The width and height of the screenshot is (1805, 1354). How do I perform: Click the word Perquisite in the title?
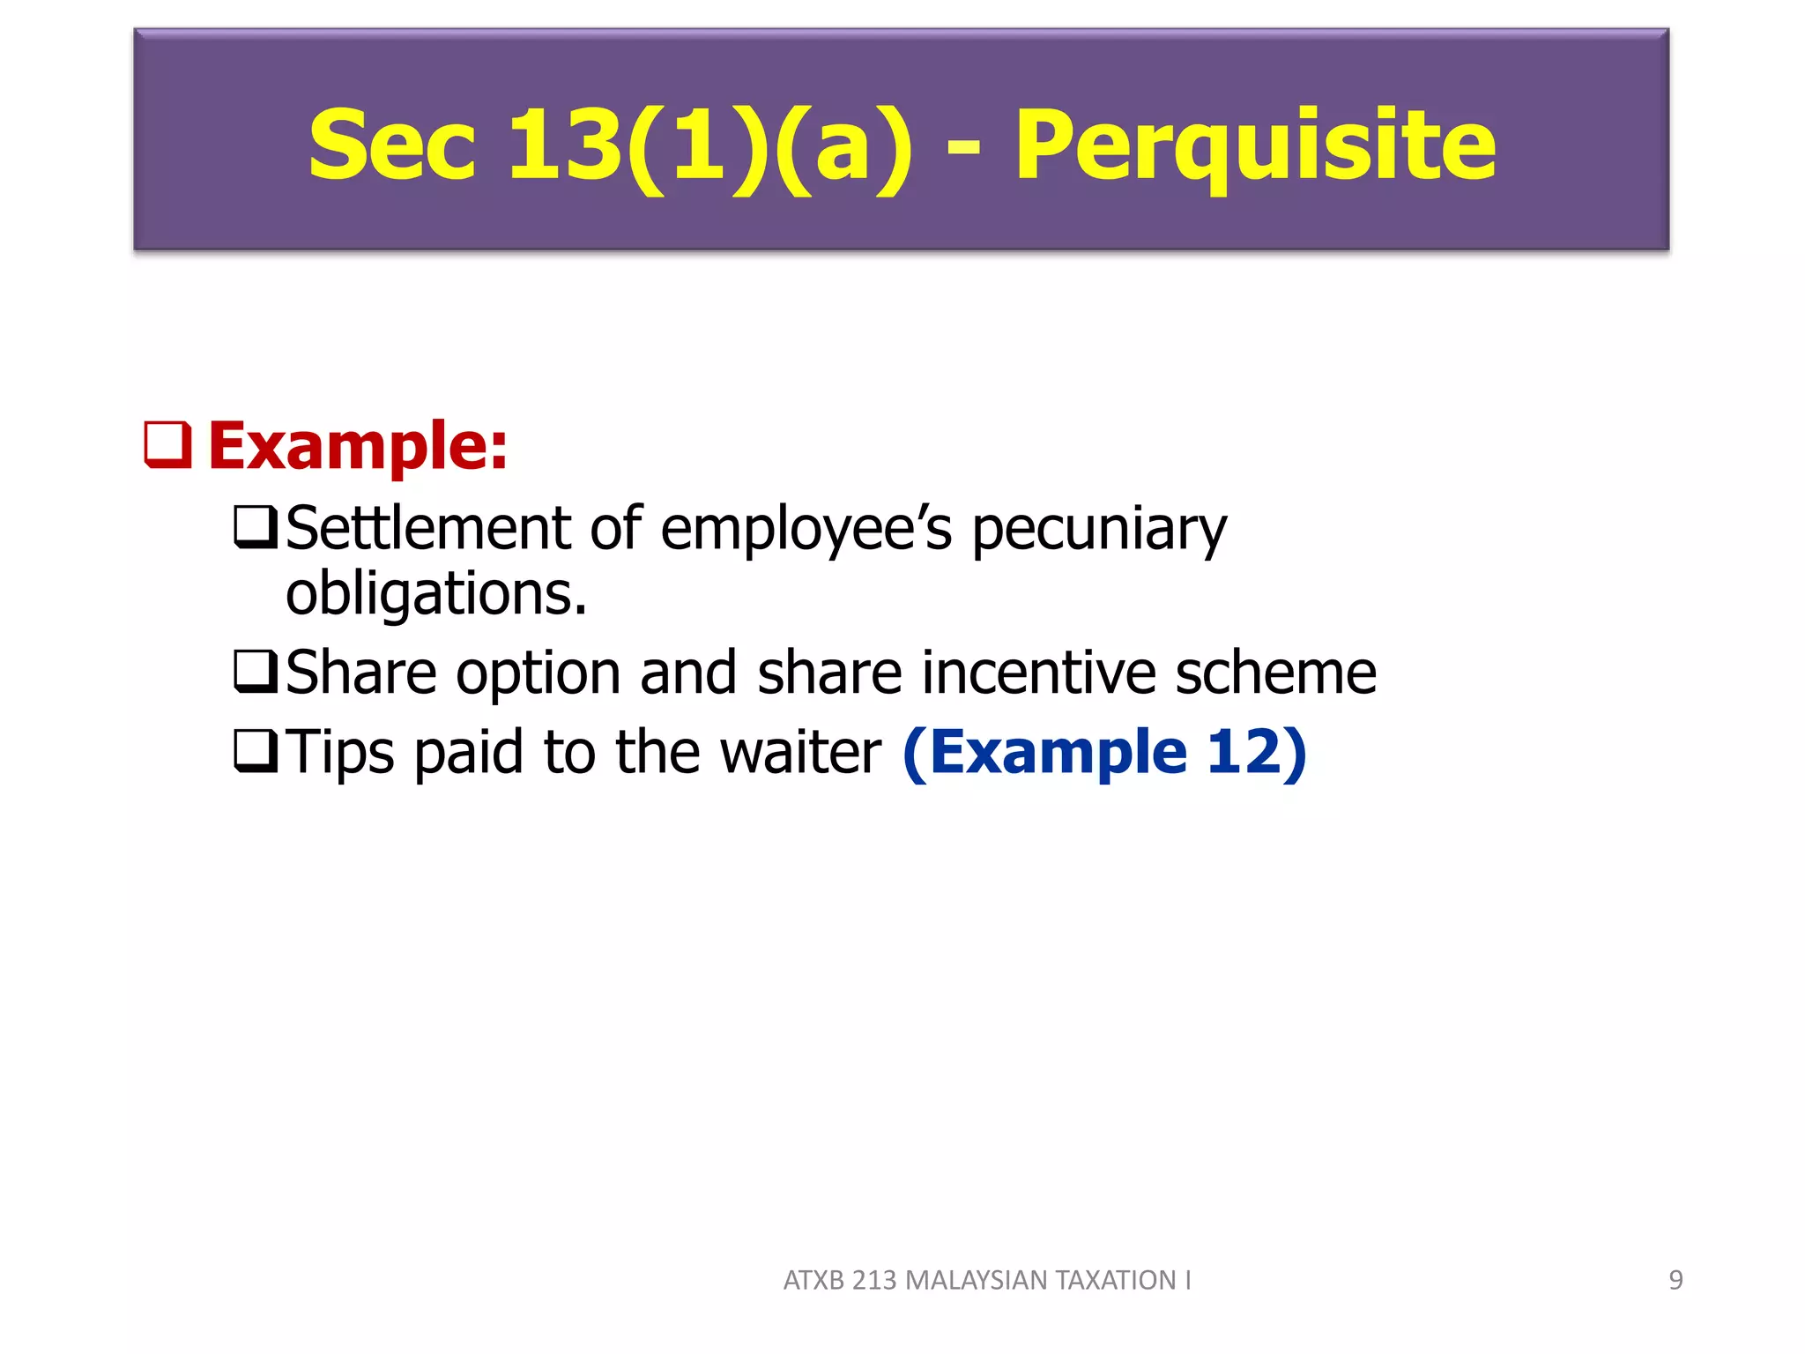[x=1255, y=145]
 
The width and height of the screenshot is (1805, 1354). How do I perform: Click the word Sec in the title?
[x=391, y=145]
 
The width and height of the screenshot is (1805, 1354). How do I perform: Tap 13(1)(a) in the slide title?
[x=710, y=145]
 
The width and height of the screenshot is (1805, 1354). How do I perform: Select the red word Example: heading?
[x=358, y=446]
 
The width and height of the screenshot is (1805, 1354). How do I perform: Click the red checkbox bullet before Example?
[x=167, y=444]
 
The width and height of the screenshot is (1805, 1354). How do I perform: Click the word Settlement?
[x=428, y=528]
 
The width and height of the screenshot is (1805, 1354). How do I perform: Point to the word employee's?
[x=806, y=530]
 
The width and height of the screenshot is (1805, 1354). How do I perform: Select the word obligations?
[x=436, y=594]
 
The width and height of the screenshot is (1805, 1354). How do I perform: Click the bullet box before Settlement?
[x=256, y=526]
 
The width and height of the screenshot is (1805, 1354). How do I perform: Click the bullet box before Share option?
[x=256, y=672]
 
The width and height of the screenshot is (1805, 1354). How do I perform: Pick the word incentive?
[x=1039, y=673]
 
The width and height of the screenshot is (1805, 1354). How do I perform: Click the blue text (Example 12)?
[x=1104, y=753]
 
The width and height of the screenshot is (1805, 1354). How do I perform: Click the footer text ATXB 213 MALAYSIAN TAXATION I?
[x=987, y=1280]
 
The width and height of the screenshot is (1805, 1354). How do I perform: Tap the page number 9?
[x=1675, y=1280]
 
